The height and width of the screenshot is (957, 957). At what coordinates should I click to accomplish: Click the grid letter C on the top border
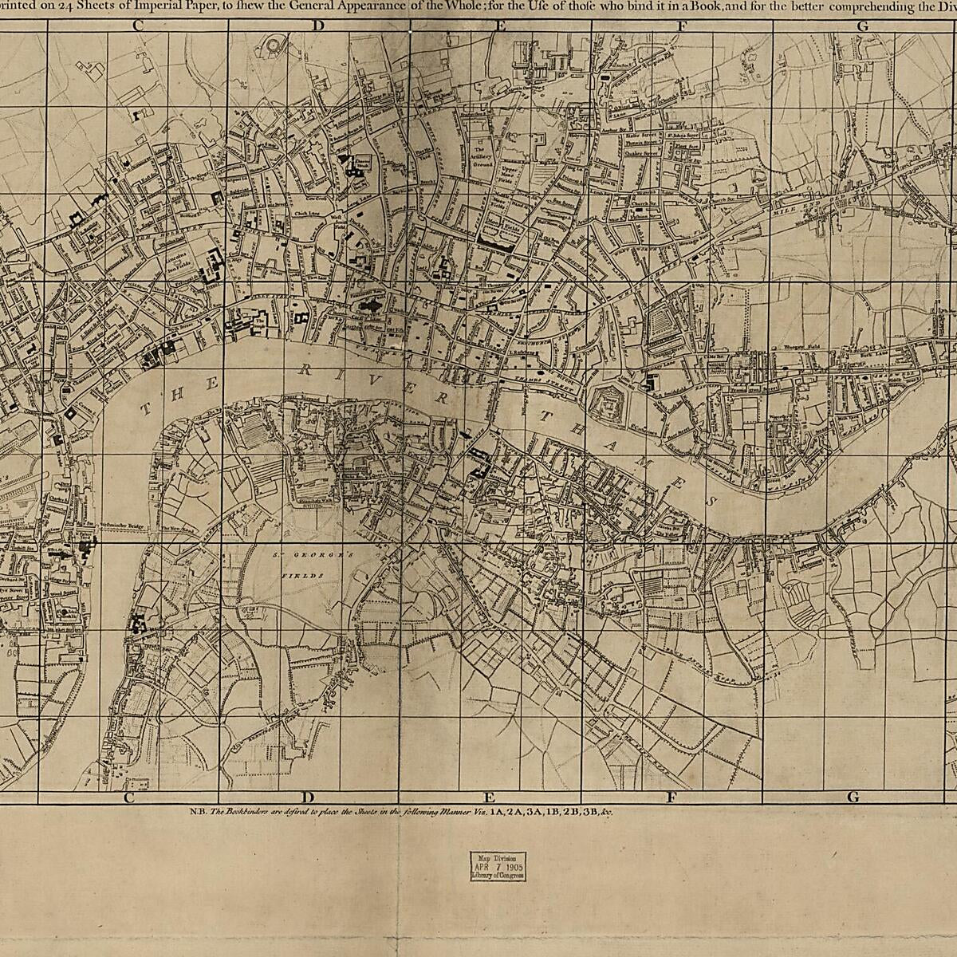[x=138, y=25]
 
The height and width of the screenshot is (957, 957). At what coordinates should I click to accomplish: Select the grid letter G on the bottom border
[x=853, y=797]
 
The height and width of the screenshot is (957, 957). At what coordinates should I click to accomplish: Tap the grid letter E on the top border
[x=501, y=25]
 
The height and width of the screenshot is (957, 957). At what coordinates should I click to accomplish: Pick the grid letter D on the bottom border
[x=306, y=797]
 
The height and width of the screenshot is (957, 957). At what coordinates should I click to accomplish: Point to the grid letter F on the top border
[x=682, y=25]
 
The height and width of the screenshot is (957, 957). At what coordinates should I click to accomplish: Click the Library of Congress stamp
[x=497, y=864]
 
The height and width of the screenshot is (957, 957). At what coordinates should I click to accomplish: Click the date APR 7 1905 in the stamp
[x=497, y=864]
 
